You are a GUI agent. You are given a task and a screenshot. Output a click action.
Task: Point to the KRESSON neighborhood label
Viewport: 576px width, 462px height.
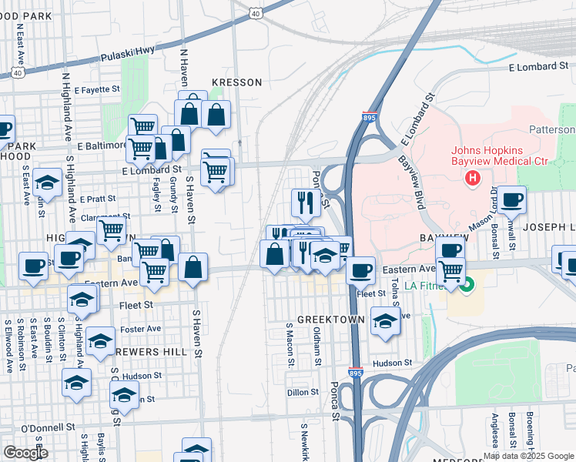[237, 82]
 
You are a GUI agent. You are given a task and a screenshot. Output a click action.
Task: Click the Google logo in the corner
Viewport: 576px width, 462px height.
[25, 453]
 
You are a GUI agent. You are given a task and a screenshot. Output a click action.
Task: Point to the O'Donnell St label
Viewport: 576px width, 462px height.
[48, 427]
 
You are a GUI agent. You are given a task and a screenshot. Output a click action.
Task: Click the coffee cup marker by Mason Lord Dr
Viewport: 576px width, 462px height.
[511, 200]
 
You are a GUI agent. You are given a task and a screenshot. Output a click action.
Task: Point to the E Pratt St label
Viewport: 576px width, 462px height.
[95, 198]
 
